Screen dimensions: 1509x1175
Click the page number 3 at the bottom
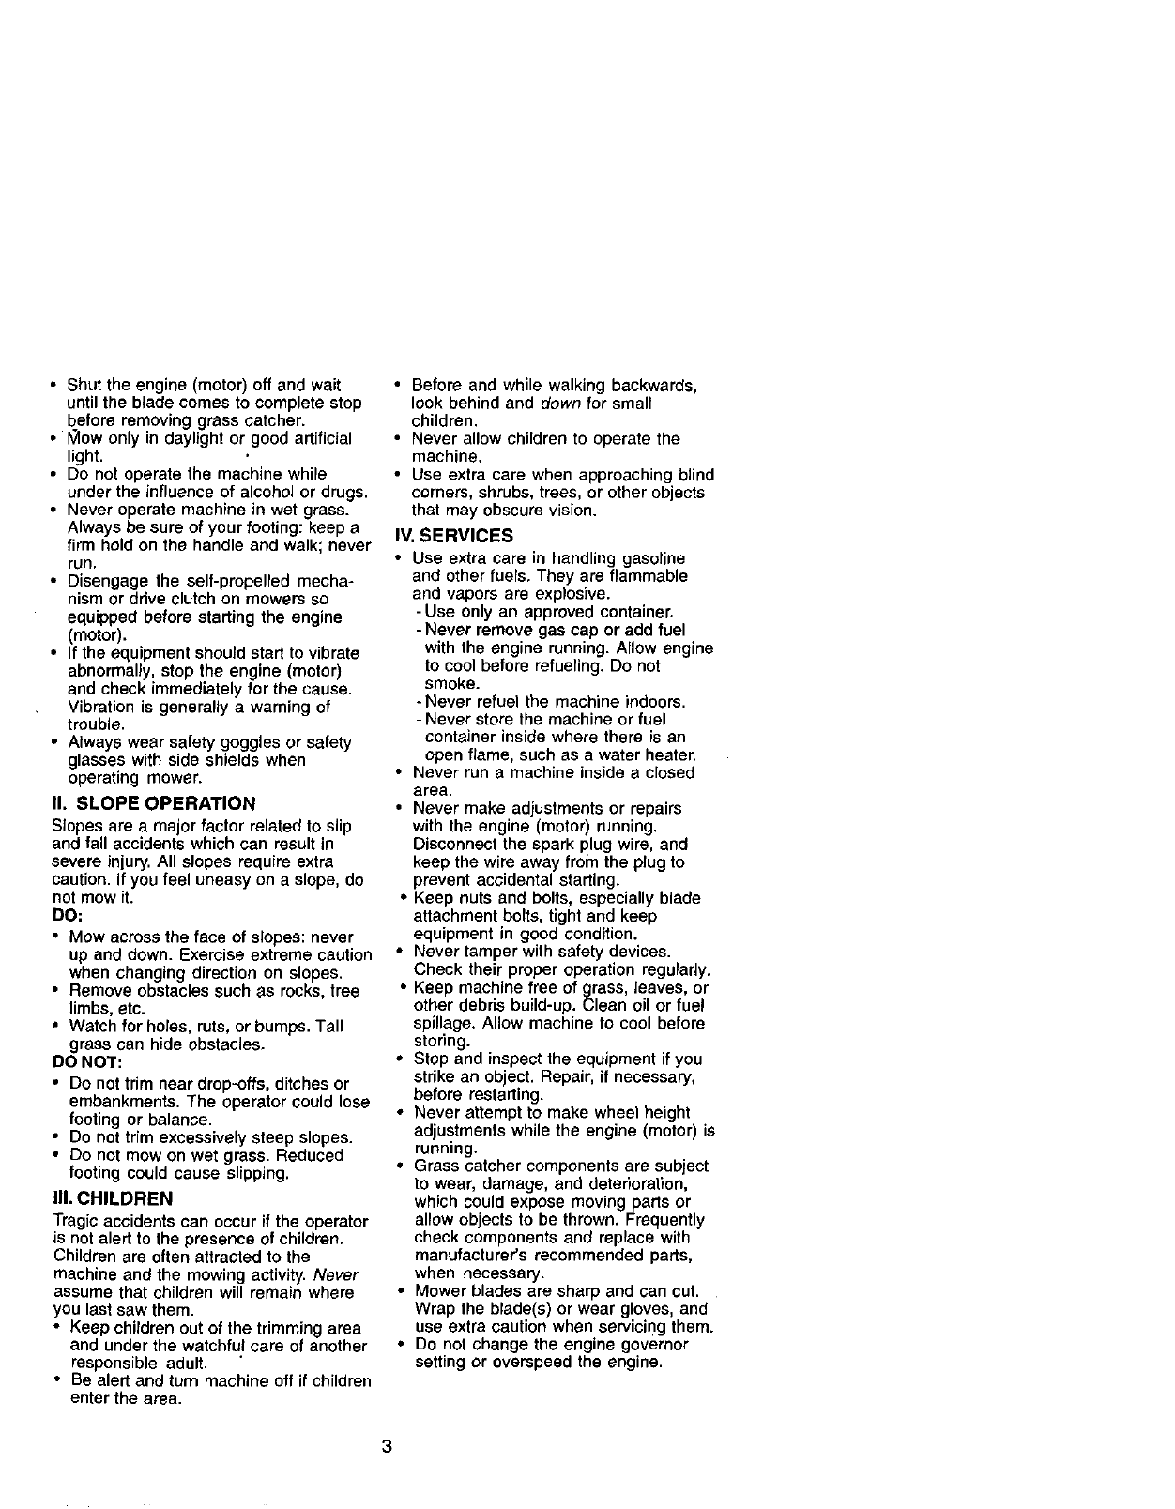(386, 1446)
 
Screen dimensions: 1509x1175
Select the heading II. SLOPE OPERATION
(153, 803)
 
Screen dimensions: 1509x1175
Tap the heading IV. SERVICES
(454, 536)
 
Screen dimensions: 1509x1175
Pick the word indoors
(652, 702)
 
